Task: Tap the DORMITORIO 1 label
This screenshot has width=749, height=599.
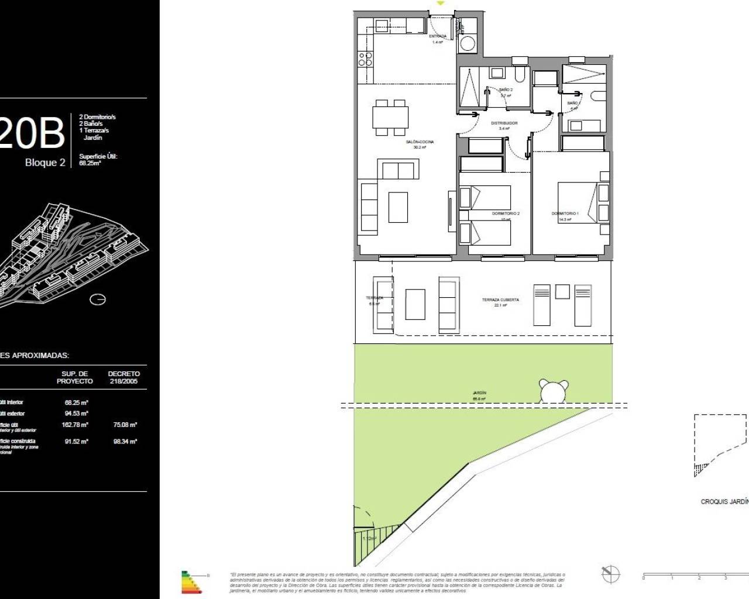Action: [565, 214]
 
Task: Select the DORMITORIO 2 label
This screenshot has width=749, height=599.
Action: [506, 214]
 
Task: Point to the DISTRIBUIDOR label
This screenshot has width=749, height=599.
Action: [504, 123]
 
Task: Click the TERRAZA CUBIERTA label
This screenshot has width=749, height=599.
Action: [500, 300]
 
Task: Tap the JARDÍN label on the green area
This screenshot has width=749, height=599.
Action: [480, 393]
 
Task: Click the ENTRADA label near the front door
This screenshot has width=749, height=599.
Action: [437, 36]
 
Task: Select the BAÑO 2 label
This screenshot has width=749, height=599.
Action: [505, 90]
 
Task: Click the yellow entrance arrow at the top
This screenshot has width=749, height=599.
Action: [441, 4]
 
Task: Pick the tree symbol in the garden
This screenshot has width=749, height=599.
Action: [554, 391]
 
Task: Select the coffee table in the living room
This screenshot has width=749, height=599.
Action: [398, 207]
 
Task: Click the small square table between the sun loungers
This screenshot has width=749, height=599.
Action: [562, 291]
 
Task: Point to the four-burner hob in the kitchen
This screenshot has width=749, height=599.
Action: [365, 59]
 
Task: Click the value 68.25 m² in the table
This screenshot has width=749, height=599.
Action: [76, 402]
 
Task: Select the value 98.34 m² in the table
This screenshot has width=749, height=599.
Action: [125, 442]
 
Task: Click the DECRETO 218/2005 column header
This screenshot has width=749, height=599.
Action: [124, 377]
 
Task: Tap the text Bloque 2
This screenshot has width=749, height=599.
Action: [45, 163]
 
